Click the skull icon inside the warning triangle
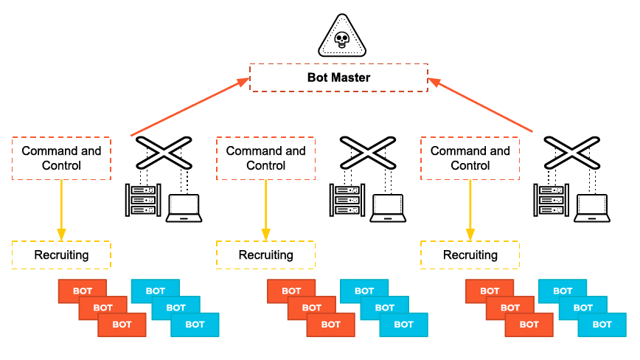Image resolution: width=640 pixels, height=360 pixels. coord(341,40)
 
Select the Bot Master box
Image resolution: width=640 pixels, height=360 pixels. coord(338,77)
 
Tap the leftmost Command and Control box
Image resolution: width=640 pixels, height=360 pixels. coord(61,158)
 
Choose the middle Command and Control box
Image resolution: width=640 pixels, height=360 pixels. coord(265,158)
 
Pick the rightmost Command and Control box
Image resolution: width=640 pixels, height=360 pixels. coord(470,158)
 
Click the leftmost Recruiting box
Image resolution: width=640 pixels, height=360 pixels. coord(61,255)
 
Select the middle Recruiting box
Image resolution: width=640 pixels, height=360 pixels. coord(265,255)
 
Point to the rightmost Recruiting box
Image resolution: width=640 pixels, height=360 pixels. coord(470,255)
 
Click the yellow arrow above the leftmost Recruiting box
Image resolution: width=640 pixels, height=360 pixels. coord(61,210)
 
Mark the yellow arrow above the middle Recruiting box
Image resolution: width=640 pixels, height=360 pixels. coord(265,210)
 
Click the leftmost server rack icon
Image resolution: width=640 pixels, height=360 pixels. coord(143,200)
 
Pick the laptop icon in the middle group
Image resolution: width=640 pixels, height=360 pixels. coord(388,207)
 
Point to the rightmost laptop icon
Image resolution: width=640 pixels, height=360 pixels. coord(591,207)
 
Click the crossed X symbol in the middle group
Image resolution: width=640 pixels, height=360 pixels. coord(366,153)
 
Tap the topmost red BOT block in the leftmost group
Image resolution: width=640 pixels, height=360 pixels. coord(83,291)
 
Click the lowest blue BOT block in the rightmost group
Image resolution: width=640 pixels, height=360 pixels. coord(602,325)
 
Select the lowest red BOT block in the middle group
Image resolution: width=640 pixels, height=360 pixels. coord(330,325)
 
